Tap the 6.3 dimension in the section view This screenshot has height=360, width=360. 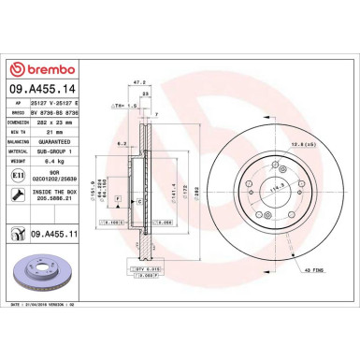tap(122, 143)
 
